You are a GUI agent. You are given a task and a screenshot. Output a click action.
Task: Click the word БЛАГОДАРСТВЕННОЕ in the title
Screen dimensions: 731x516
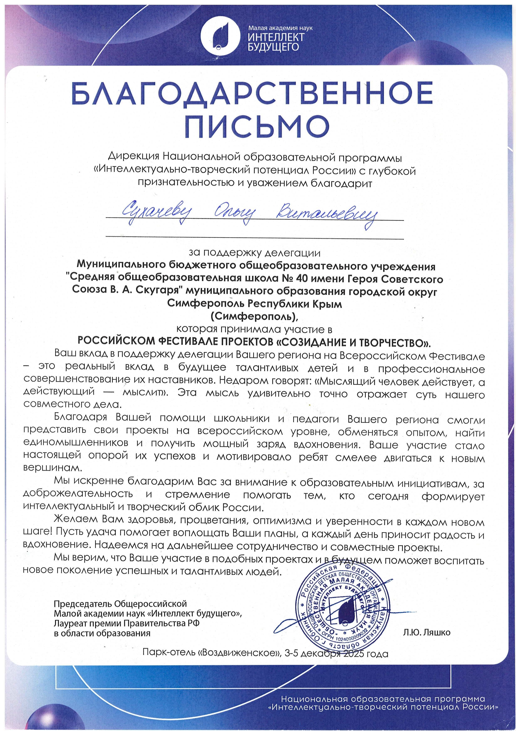tap(252, 93)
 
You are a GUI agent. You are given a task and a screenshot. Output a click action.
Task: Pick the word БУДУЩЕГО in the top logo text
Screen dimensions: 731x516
tap(273, 47)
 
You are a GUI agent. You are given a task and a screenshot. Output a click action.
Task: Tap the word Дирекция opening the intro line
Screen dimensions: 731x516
tap(134, 157)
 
